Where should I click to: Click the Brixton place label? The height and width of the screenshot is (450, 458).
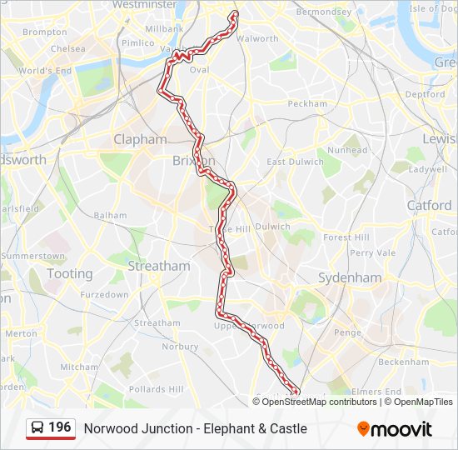point(193,160)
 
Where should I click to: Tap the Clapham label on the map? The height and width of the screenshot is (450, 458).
point(140,139)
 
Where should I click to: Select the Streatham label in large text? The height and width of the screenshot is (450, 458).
point(158,266)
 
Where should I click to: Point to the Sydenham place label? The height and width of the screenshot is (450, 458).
point(350,277)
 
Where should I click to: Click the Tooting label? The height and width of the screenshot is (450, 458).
point(70,273)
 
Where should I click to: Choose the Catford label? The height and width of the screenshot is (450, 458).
point(429,205)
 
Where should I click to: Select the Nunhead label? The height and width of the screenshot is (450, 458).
point(347,151)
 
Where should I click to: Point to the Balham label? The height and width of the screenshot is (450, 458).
point(110,215)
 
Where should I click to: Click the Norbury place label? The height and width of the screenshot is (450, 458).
point(180,346)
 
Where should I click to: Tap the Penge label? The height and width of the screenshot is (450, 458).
point(347,332)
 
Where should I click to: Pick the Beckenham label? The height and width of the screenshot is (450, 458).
point(403,362)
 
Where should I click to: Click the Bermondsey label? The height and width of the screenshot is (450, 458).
point(324,12)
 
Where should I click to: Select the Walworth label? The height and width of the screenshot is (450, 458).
point(258,38)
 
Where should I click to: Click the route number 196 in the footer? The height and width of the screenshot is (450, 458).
point(60,427)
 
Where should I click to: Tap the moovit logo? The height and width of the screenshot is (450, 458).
point(395,429)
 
